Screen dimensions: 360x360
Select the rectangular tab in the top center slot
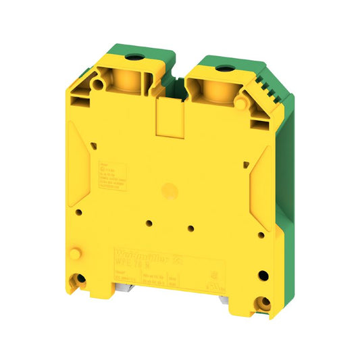tap(167, 116)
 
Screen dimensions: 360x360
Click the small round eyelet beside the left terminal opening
tap(99, 85)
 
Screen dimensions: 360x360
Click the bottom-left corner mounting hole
tap(82, 278)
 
